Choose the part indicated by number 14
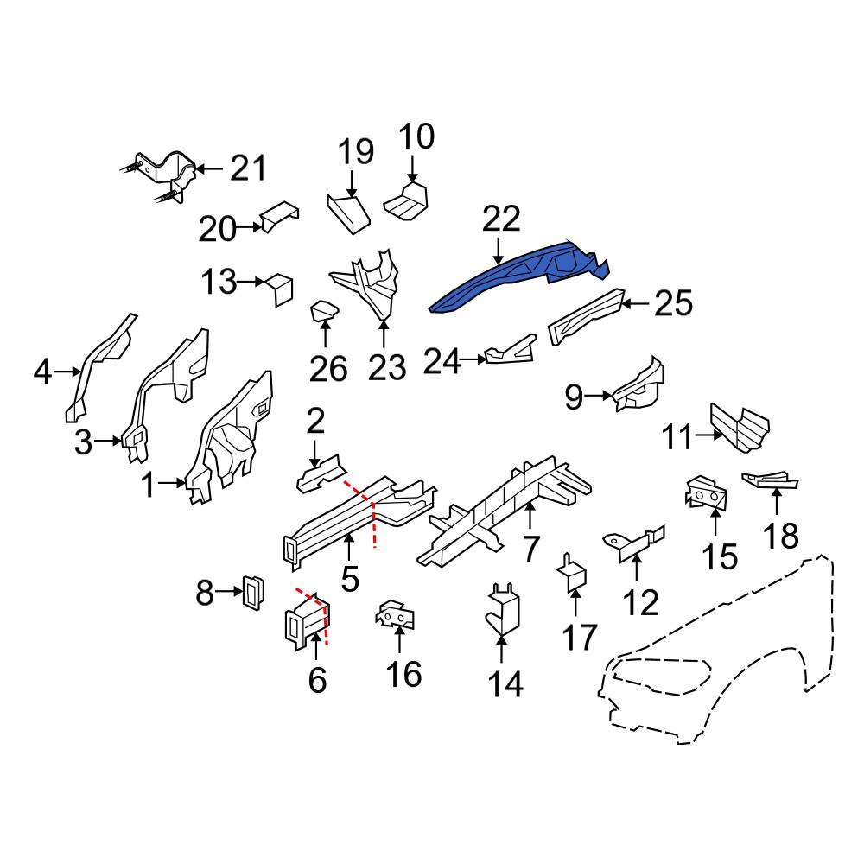point(503,610)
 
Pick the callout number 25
point(673,304)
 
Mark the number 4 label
point(42,373)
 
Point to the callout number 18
point(781,537)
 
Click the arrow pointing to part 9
point(599,397)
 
